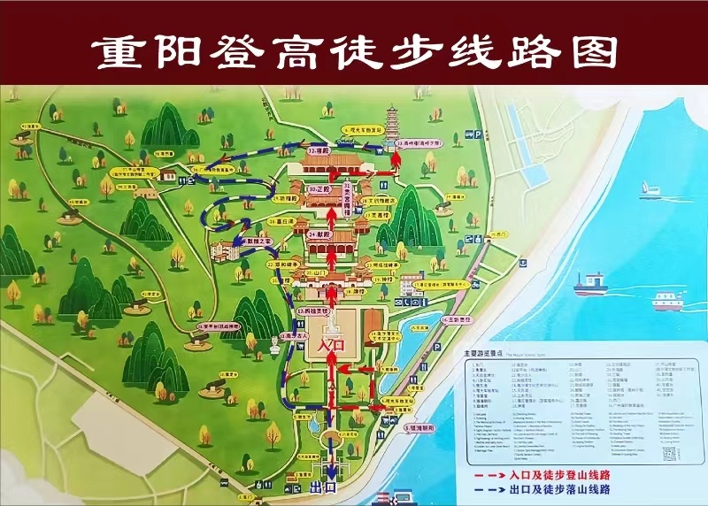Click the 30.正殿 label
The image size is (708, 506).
318,190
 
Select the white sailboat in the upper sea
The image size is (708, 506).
652,187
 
